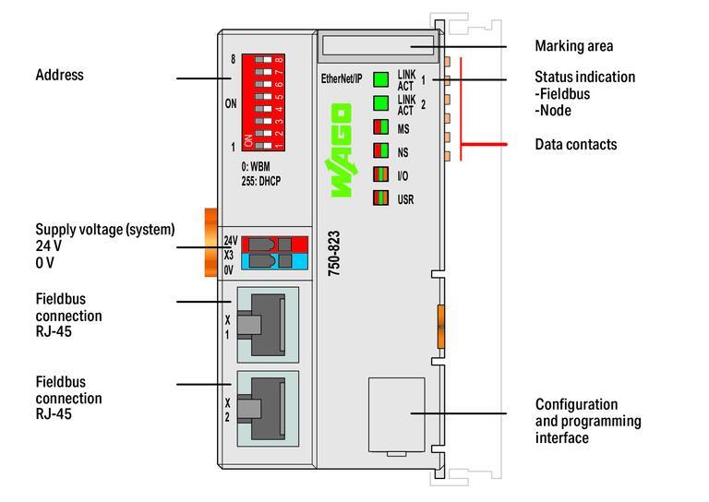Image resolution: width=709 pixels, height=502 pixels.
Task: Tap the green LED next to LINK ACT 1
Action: coord(380,79)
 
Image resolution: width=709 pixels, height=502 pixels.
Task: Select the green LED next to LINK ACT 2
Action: coord(380,103)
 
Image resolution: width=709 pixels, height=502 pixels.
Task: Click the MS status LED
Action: coord(380,127)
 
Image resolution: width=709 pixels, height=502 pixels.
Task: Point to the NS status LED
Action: coord(380,150)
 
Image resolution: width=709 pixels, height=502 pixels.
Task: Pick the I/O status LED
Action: coord(380,173)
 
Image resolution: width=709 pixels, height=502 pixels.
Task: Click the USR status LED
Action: coord(380,197)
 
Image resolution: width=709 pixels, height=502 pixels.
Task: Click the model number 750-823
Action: coord(335,252)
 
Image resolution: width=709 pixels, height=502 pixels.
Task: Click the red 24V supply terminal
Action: coord(272,244)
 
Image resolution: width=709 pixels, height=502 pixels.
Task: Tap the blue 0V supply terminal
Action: coord(272,262)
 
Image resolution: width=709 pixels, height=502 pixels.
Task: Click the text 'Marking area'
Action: coord(573,46)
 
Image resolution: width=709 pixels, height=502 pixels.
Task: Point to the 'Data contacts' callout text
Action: coord(575,145)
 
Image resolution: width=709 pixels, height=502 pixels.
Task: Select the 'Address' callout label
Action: coord(59,74)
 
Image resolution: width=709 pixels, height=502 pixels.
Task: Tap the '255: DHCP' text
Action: coord(258,181)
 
